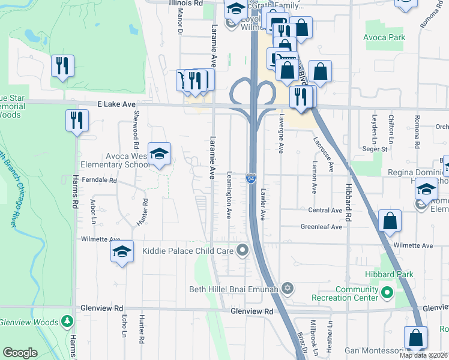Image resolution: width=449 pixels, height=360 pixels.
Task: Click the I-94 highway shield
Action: click(252, 178)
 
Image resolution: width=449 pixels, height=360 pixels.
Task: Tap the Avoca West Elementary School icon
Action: click(160, 154)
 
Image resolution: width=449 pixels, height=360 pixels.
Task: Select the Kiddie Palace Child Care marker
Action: click(243, 250)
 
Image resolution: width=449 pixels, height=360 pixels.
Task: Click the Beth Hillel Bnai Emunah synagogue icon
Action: click(288, 289)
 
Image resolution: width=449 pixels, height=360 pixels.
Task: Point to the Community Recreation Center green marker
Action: click(387, 294)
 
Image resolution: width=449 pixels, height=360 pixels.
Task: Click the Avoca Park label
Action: click(384, 37)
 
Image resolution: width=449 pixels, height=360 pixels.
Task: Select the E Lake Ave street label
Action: click(117, 104)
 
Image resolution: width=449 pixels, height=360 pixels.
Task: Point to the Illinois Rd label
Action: click(185, 3)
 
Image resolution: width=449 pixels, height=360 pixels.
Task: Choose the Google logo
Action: click(20, 353)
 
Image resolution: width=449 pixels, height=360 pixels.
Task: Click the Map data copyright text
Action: click(423, 355)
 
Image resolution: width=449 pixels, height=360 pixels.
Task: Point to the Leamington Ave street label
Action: click(229, 195)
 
